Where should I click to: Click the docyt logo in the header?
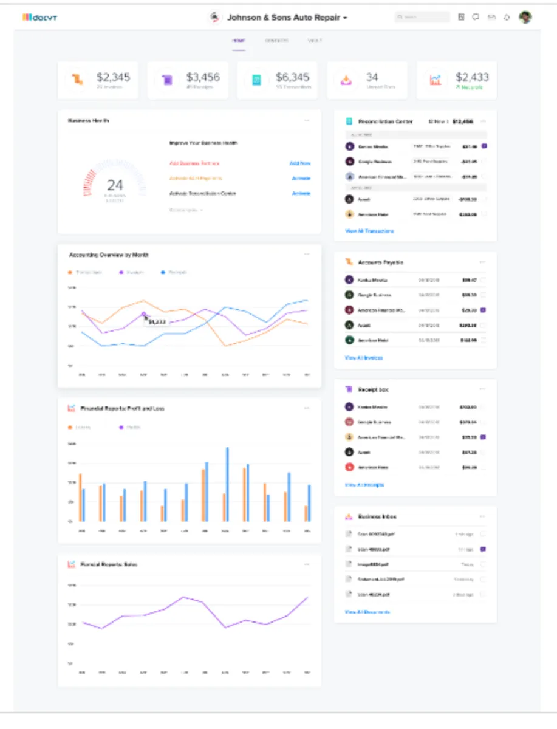(x=40, y=17)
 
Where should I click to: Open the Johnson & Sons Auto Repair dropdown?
(x=287, y=18)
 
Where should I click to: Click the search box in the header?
(x=422, y=18)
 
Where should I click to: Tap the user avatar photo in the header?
(x=525, y=17)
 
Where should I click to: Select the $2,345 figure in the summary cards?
(x=113, y=77)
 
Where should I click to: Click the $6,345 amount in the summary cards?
(x=292, y=77)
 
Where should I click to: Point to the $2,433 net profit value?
(x=472, y=77)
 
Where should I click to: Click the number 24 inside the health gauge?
(x=115, y=185)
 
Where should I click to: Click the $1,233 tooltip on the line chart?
(x=157, y=321)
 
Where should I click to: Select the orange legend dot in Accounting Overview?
(x=70, y=272)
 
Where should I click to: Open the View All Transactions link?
(x=369, y=231)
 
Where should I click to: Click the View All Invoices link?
(x=364, y=358)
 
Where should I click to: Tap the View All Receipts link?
(x=364, y=485)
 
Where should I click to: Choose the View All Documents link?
(x=367, y=612)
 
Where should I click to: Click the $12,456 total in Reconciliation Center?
(x=463, y=122)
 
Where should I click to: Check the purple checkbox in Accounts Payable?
(x=484, y=310)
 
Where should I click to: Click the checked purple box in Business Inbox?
(x=484, y=549)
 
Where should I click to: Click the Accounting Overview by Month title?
(x=109, y=255)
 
